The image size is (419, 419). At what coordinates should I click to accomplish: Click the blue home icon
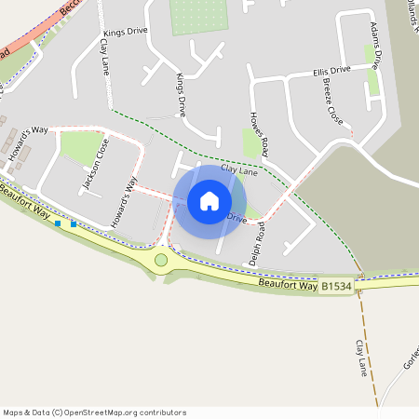(209, 201)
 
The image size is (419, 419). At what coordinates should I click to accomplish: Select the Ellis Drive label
(331, 70)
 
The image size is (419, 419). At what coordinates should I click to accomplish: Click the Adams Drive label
(375, 44)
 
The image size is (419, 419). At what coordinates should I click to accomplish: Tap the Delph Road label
(257, 244)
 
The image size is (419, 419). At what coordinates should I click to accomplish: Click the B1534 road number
(337, 287)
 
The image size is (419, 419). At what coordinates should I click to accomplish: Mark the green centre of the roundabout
(161, 260)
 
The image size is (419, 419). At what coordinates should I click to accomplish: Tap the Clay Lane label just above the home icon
(238, 171)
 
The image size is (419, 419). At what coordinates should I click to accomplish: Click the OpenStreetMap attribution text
(95, 412)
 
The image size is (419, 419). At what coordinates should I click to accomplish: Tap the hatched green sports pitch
(199, 17)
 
